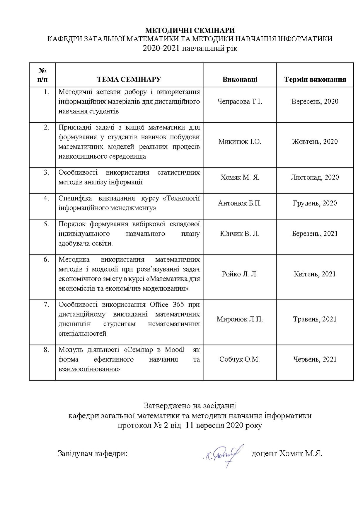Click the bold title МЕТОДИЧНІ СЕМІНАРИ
coord(190,30)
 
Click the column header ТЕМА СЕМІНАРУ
coord(129,79)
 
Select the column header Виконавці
coord(240,79)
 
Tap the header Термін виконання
coord(315,79)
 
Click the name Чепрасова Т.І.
coord(240,101)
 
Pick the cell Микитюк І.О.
coord(240,142)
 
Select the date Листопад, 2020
coord(315,177)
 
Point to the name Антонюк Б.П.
coord(240,203)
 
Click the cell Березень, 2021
coord(315,234)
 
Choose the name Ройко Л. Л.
coord(240,274)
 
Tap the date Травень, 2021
coord(315,319)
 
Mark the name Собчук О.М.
coord(240,359)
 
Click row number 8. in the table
coord(46,350)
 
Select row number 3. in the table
coord(46,172)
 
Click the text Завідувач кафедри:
coord(93,454)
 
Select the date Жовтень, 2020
coord(315,142)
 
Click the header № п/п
coord(42,75)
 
